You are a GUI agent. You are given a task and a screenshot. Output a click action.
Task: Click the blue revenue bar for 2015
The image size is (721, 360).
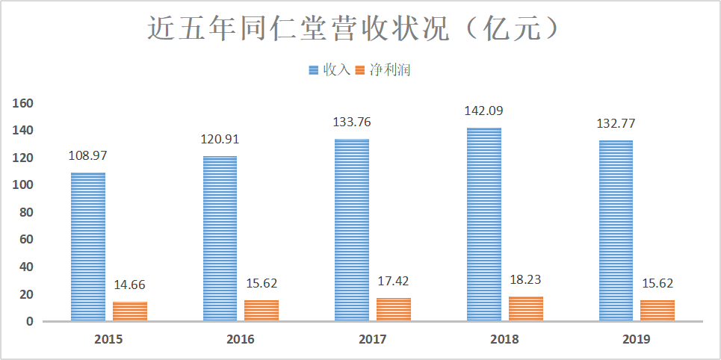88,246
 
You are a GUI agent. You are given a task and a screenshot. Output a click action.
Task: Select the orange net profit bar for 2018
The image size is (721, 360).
525,308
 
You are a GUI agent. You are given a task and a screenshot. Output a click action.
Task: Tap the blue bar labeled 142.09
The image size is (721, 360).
483,224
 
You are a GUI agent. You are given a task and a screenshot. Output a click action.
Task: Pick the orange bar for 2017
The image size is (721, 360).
393,309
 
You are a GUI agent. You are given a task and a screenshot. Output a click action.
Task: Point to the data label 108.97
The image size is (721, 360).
87,158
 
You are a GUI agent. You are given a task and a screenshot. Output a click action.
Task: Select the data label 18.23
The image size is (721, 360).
525,281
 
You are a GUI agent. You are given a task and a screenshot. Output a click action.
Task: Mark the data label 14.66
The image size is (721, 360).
130,285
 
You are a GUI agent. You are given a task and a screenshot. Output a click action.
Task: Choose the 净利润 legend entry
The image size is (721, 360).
390,70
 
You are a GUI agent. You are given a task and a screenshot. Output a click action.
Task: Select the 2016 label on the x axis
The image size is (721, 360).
241,339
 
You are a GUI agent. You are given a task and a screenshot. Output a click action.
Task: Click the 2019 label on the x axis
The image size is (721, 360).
636,339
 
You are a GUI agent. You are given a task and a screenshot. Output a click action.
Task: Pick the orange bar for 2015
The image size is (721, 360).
130,311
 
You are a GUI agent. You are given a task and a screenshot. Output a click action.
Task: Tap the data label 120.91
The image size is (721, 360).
220,138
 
